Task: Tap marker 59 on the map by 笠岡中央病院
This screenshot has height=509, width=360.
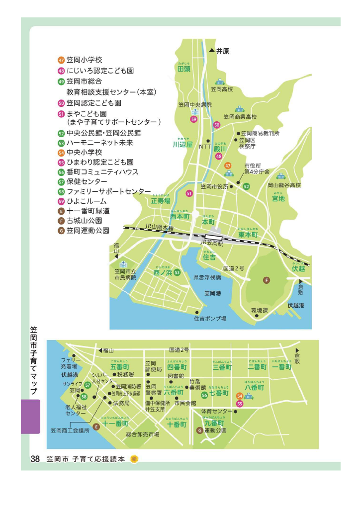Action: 194,119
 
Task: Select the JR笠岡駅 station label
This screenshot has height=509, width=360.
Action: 211,244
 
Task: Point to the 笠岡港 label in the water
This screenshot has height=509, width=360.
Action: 212,293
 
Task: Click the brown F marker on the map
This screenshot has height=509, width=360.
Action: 267,280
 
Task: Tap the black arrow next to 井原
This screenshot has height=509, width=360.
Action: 211,51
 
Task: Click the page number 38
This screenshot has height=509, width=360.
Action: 35,459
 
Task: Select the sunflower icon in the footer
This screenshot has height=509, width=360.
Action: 134,459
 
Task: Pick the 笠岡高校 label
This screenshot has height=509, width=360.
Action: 221,89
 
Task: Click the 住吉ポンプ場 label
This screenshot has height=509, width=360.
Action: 210,318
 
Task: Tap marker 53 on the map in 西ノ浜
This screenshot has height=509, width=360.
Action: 177,272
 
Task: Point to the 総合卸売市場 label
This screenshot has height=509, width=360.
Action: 142,434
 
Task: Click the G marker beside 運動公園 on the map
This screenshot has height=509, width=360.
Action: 200,430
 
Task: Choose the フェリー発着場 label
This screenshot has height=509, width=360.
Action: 71,362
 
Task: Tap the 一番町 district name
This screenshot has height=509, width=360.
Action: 282,367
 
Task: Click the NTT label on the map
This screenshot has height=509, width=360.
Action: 205,147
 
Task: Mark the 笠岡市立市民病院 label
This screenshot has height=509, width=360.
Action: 125,274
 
